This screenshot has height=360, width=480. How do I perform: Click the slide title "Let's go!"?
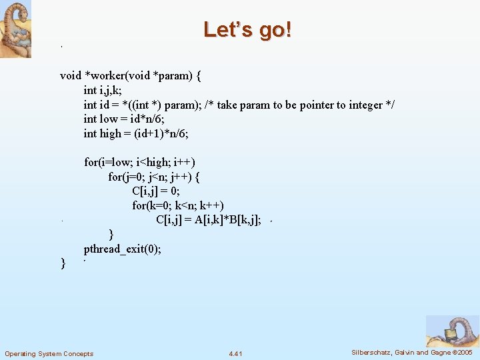coord(247,30)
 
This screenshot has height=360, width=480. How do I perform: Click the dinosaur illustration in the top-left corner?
coord(15,29)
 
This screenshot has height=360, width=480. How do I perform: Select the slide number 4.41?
coord(235,353)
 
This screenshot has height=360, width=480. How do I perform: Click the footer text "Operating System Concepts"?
coord(49,353)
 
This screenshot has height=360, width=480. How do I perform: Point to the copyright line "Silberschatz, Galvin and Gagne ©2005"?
coord(412,352)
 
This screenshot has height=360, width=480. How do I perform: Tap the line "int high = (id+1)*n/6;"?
coord(136,133)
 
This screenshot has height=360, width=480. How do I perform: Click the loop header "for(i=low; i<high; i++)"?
coord(139,162)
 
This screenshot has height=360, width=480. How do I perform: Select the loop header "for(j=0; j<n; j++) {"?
coord(154,177)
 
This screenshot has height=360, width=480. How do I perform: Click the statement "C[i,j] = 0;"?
coord(156,191)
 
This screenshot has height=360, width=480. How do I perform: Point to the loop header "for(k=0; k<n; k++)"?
coord(178,205)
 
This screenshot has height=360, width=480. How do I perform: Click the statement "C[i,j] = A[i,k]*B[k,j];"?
coord(208,220)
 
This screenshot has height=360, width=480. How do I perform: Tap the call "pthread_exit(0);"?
coord(123,249)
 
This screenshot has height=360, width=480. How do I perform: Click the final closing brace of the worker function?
coord(63,264)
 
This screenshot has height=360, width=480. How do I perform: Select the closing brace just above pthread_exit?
coord(111,235)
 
